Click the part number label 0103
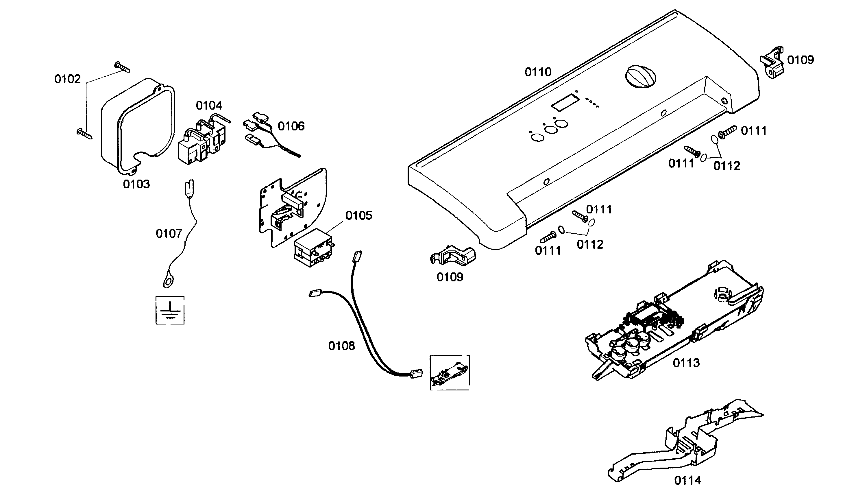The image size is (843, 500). coord(136,184)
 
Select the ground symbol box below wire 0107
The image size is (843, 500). coord(170,310)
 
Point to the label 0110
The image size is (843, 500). coord(538,72)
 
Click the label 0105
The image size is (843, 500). coord(359,216)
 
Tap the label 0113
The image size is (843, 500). coord(686,363)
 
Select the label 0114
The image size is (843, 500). coord(687,480)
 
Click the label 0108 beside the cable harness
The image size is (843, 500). coord(341,346)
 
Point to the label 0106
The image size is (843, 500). coord(291,126)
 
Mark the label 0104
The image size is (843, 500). coord(209,106)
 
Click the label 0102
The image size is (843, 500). coord(67,79)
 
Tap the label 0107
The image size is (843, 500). coord(169,233)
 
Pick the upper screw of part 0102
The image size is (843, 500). coord(122,67)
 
